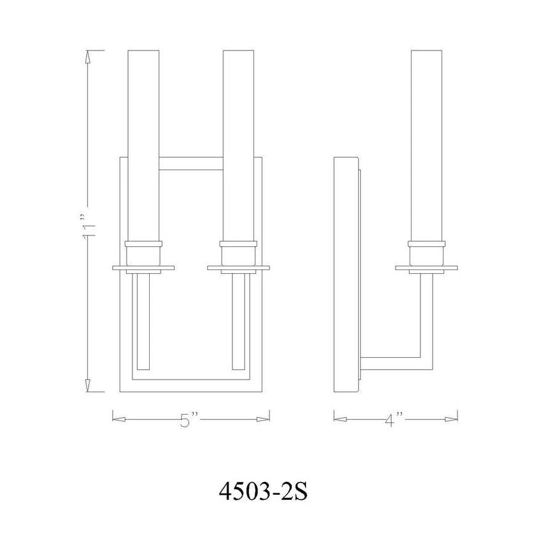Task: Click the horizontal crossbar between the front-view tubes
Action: pyautogui.click(x=191, y=164)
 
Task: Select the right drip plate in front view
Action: pyautogui.click(x=238, y=267)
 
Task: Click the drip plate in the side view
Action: pyautogui.click(x=426, y=267)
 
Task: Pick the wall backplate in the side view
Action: pyautogui.click(x=346, y=275)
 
